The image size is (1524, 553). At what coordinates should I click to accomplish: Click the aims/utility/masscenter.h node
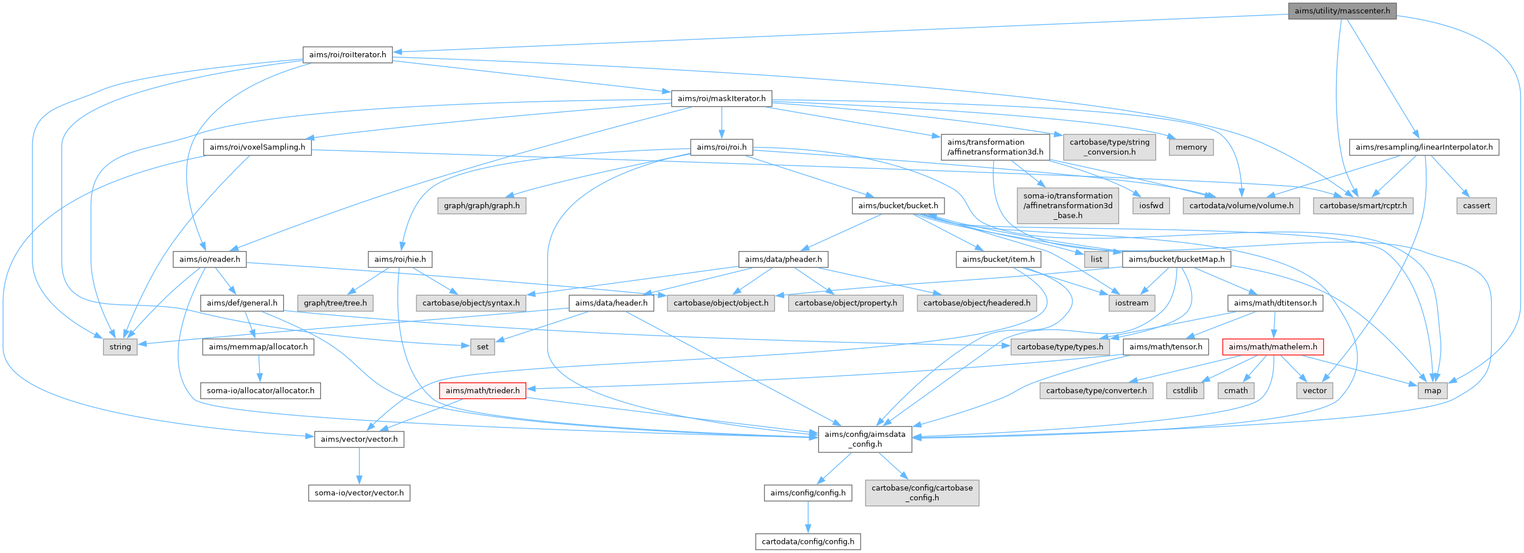[1342, 11]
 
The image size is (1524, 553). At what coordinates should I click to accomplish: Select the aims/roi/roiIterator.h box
[347, 55]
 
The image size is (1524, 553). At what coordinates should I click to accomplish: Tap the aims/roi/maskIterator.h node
[721, 99]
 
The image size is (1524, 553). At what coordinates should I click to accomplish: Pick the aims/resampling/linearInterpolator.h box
[1423, 148]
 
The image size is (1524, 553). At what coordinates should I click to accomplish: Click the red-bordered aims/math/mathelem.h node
[1272, 347]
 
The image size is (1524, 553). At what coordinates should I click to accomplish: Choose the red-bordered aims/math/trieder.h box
[482, 391]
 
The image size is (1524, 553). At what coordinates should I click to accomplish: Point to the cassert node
[1476, 206]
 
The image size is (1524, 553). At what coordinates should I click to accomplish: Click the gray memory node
[1191, 148]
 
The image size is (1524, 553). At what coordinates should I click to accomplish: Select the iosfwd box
[1152, 206]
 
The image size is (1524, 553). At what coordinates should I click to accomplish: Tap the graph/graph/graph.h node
[482, 206]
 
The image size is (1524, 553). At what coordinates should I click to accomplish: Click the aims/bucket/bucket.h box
[898, 206]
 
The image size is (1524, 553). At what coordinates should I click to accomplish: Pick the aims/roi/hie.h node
[400, 260]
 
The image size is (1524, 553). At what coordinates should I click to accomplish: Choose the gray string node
[120, 347]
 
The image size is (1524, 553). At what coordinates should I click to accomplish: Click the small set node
[482, 347]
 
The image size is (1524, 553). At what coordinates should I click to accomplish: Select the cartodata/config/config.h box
[807, 542]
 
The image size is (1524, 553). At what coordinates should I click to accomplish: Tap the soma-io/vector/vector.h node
[359, 493]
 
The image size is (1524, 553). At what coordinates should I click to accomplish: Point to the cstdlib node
[1185, 391]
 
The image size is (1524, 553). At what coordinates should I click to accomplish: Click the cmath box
[1236, 391]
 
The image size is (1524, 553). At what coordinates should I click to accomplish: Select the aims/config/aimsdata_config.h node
[864, 439]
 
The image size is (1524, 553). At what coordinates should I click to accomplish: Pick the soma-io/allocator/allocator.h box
[260, 391]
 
